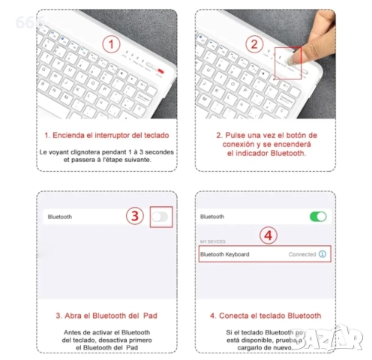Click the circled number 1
[111, 43]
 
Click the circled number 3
[133, 216]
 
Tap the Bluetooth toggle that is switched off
[159, 216]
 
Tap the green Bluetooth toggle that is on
[318, 216]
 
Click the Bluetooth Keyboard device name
[225, 254]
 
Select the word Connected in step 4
[302, 254]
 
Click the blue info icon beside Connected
[322, 254]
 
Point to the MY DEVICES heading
[213, 241]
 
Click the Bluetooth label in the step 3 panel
[60, 216]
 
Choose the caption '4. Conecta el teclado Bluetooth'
[266, 315]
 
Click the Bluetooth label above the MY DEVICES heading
[212, 216]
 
